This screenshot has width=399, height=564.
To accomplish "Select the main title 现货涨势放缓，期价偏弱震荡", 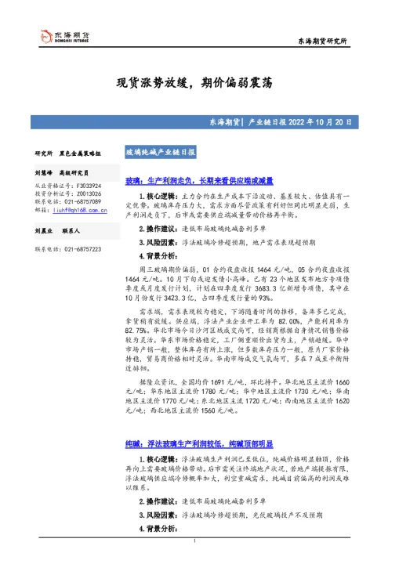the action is (x=199, y=83).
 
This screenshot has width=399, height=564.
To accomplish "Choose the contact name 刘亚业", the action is (x=45, y=233).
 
